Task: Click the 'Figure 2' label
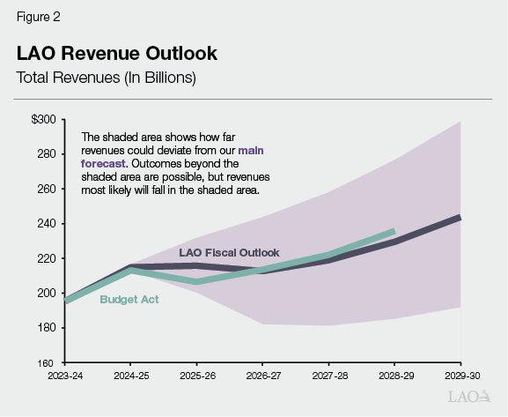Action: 38,17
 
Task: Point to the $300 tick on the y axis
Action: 43,119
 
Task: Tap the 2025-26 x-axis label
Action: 195,376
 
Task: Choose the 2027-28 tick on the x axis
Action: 328,376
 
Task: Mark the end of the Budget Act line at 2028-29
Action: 394,231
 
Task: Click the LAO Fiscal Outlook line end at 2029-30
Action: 460,217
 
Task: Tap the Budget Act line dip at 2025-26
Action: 195,281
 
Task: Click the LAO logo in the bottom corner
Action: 466,397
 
